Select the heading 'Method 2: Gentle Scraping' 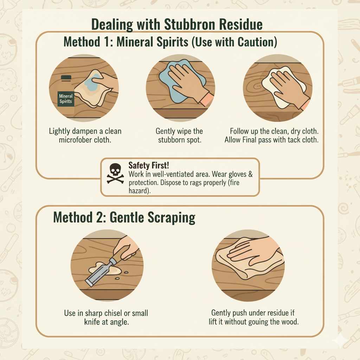point(124,218)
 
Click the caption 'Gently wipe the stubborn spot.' point(179,135)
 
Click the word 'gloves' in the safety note point(236,174)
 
